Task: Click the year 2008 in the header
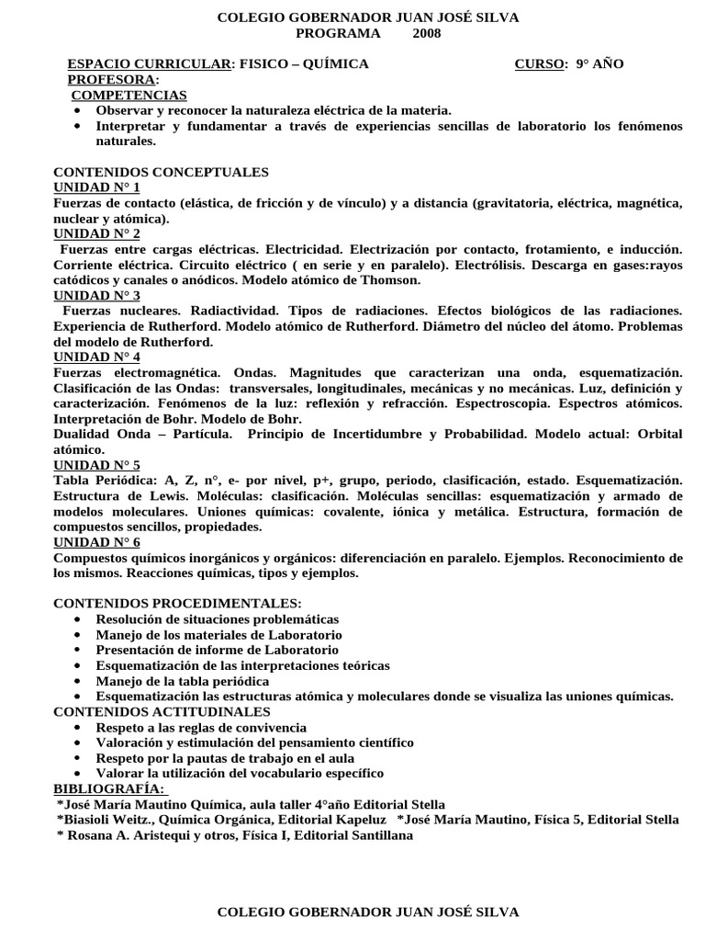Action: coord(426,33)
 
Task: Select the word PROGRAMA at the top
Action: coord(337,33)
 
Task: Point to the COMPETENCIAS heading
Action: coord(129,95)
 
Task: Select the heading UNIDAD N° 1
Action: coord(96,187)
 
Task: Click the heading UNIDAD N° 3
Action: coord(96,295)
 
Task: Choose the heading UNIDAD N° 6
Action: coord(96,542)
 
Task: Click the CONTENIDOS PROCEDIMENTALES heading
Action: coord(177,603)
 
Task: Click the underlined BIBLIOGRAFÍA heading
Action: coord(109,788)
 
